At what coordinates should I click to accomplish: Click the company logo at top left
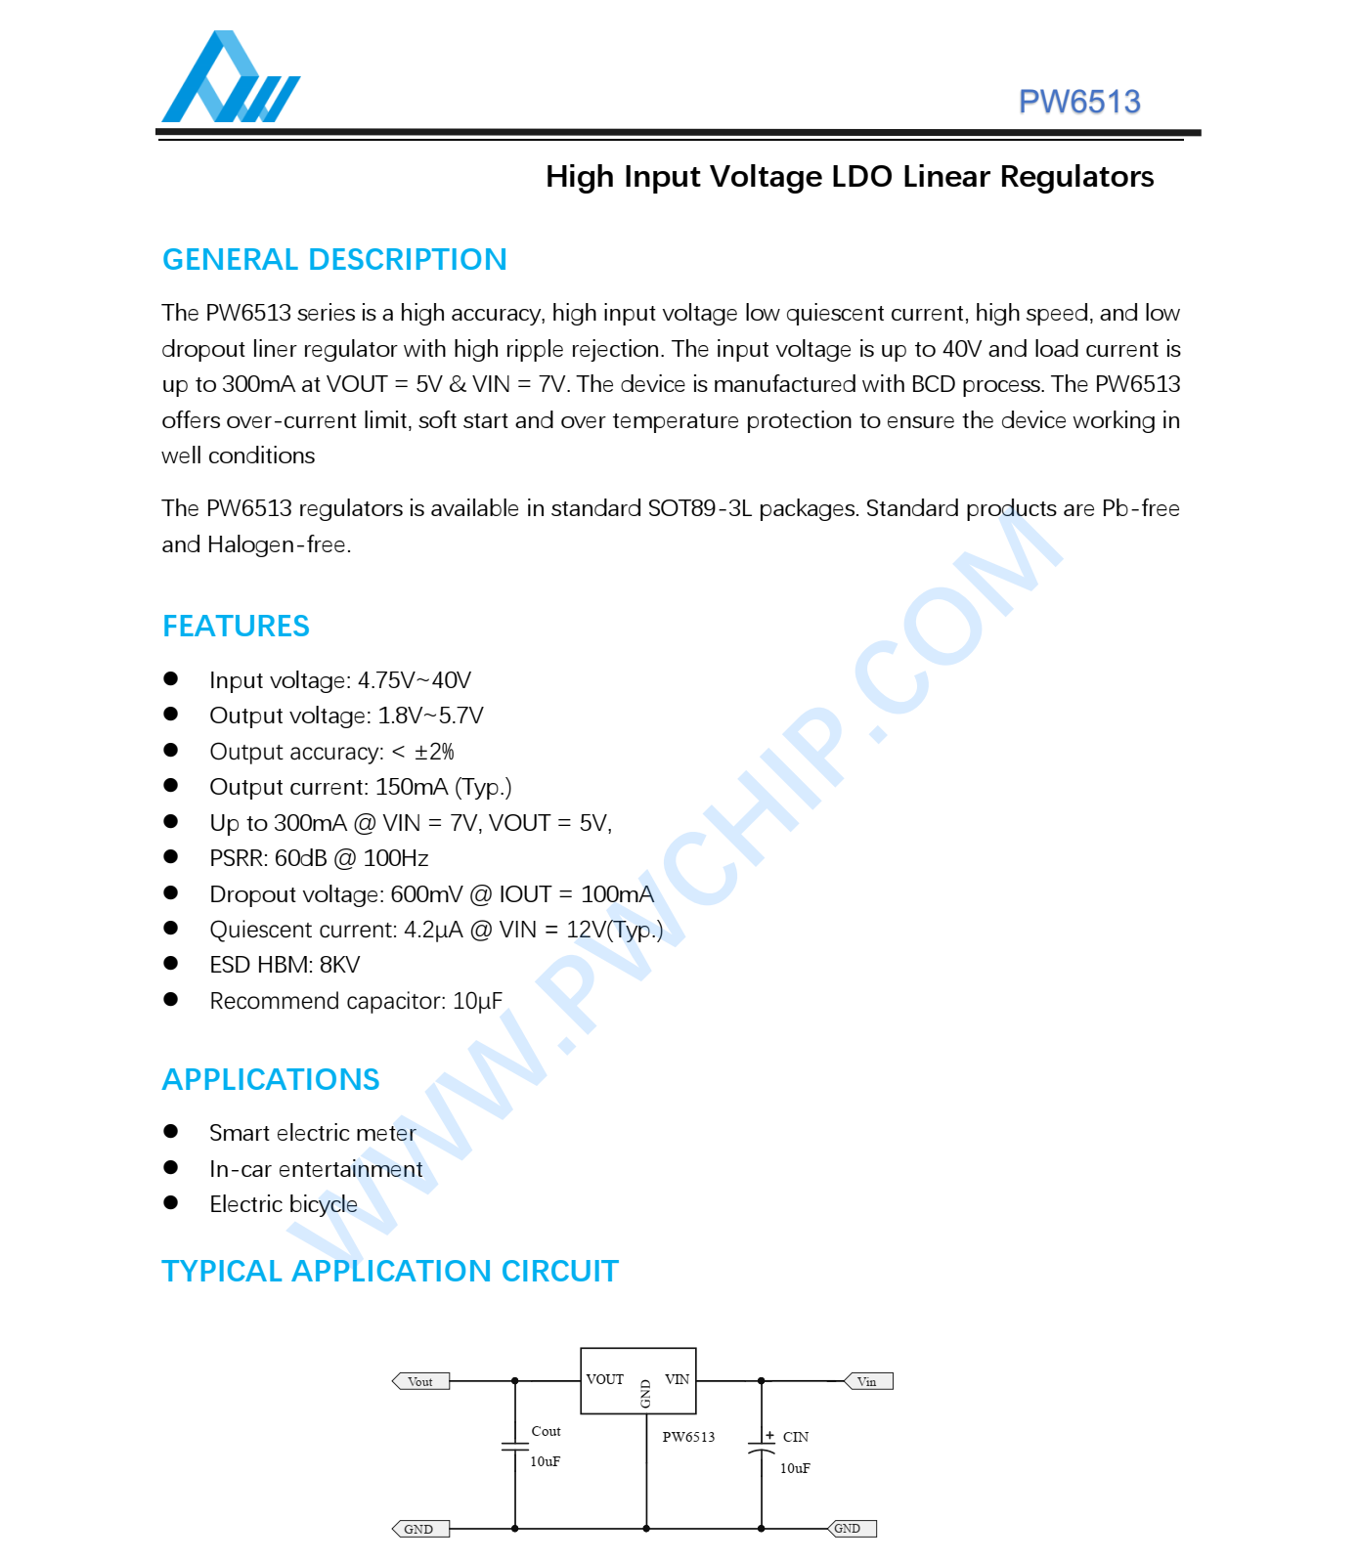coord(231,78)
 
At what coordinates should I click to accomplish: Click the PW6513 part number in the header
coord(1078,102)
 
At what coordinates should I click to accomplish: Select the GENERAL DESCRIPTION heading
coord(334,259)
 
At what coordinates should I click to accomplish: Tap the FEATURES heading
coord(236,626)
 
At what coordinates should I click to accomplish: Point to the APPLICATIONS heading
coord(271,1079)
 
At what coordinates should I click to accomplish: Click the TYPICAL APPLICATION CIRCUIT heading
coord(390,1271)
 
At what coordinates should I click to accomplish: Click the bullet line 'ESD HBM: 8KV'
coord(285,965)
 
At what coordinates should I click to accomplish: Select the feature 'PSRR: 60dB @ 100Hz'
coord(319,858)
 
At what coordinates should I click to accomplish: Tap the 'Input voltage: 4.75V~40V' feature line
coord(340,680)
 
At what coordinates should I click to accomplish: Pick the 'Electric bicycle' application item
coord(284,1204)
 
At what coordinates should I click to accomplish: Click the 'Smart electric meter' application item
coord(313,1133)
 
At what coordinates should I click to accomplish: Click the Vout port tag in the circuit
coord(421,1381)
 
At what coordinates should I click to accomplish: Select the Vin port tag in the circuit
coord(868,1381)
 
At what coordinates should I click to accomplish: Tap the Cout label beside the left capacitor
coord(546,1431)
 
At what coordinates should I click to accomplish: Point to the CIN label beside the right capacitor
coord(796,1437)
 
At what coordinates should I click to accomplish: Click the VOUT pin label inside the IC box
coord(604,1379)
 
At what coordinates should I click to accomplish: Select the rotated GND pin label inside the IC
coord(645,1394)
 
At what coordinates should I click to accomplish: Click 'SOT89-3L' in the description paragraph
coord(700,508)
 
